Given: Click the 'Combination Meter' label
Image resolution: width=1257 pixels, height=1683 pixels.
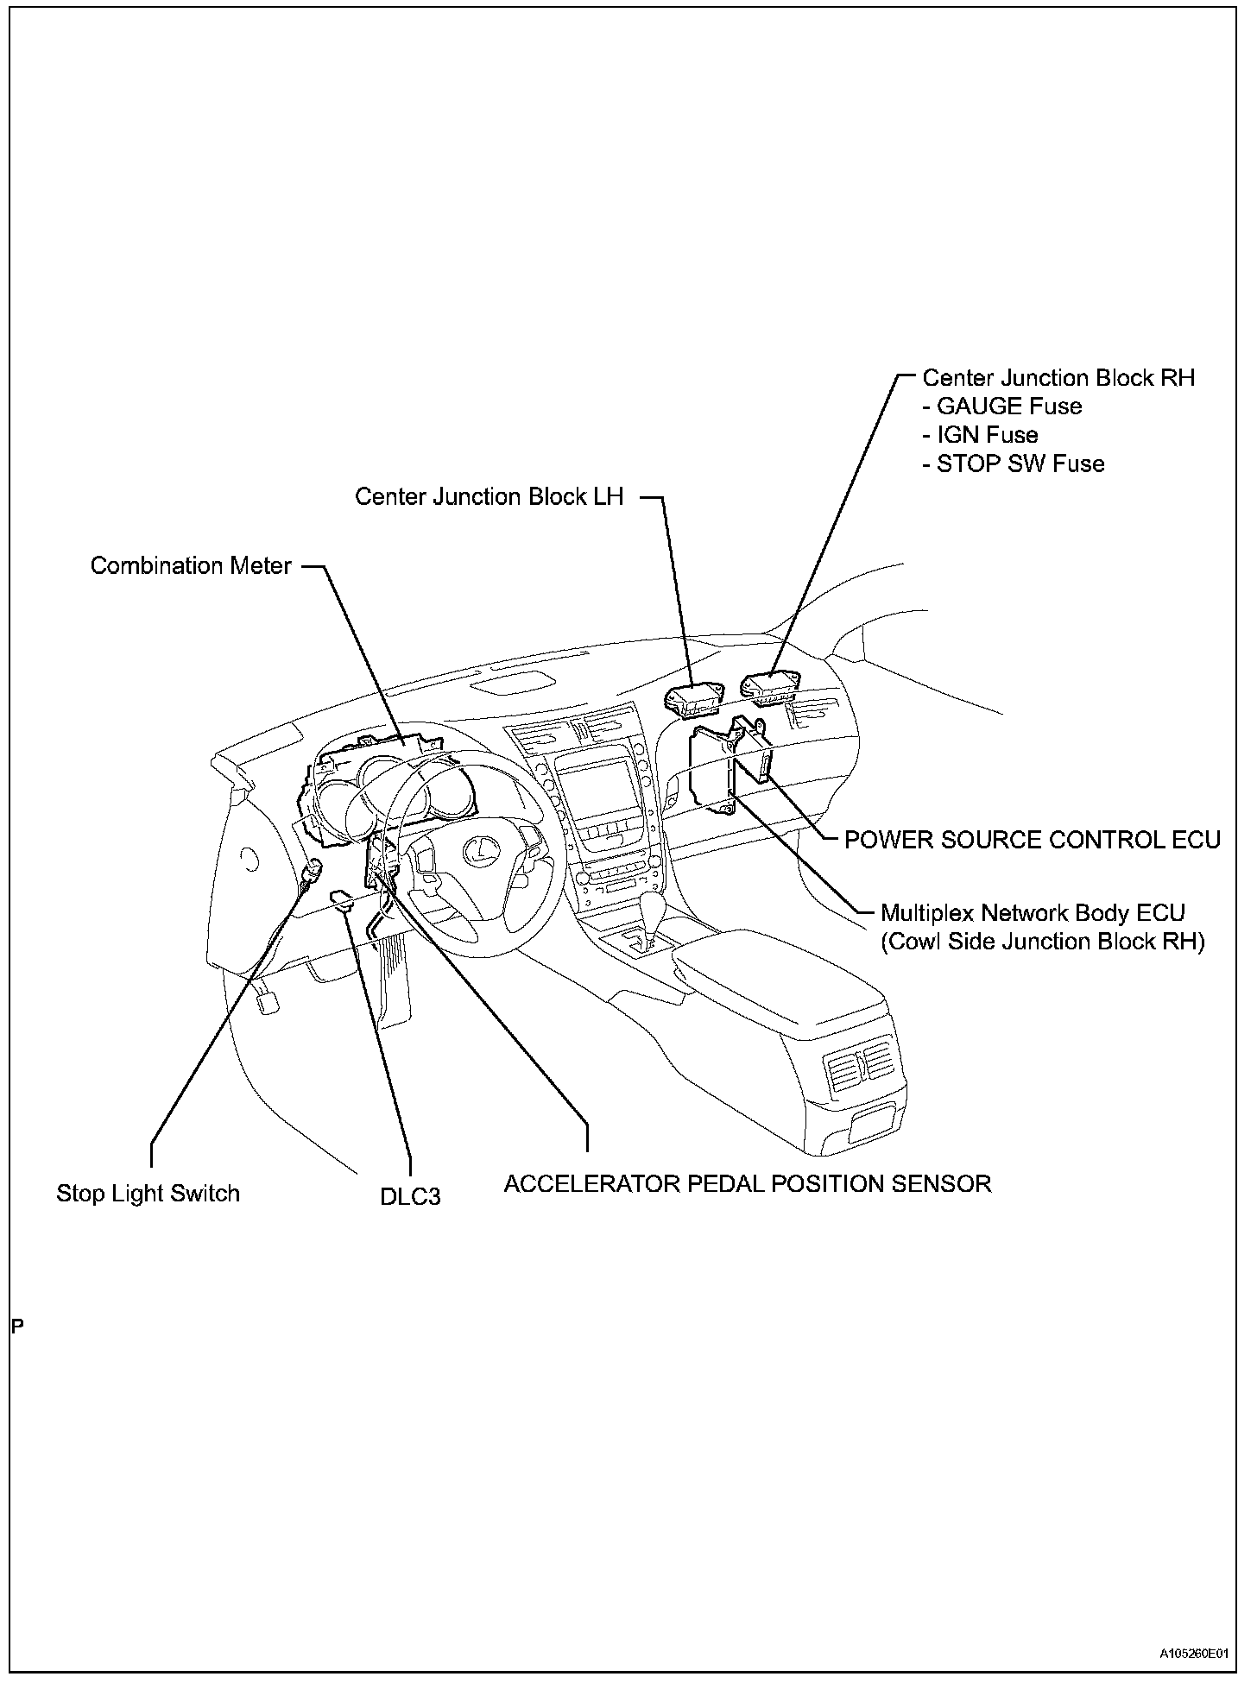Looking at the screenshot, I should click(191, 566).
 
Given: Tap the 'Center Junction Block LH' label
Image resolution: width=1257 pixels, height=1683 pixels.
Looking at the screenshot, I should click(489, 497).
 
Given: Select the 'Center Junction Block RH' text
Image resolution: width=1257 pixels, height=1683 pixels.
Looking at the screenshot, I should click(1058, 378).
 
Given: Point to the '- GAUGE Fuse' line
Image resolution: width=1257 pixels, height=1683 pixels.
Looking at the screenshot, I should click(1001, 407).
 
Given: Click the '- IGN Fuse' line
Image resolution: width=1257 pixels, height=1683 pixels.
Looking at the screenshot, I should click(980, 435).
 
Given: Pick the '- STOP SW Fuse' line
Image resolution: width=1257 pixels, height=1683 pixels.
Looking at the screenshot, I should click(1014, 464).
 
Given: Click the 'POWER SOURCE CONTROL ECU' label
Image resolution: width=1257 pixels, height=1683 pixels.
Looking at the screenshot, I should click(1032, 840).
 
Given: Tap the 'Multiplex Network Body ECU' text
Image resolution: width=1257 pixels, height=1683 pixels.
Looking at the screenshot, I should click(1033, 912).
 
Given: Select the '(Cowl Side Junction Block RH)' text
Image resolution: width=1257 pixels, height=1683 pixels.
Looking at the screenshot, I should click(1042, 941).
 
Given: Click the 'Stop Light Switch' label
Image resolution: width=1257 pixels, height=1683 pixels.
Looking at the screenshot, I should click(148, 1194).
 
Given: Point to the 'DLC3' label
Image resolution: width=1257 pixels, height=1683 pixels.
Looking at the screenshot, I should click(410, 1197).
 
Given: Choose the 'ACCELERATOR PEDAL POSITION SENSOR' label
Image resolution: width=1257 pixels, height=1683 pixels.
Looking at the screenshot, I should click(747, 1183).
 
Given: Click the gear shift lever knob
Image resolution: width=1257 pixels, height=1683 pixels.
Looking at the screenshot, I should click(654, 910).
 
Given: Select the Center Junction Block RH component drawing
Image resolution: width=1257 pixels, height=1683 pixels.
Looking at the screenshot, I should click(770, 685).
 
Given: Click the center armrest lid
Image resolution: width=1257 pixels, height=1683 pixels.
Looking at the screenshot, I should click(777, 979).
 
